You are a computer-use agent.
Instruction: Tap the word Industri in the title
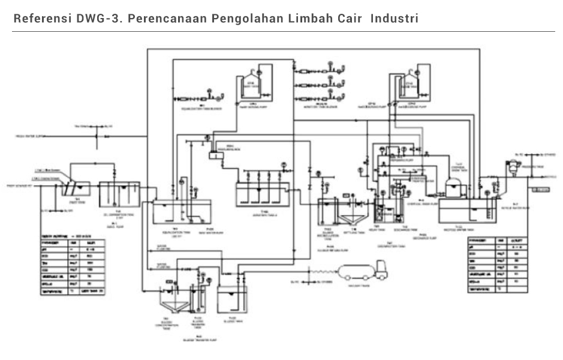[394, 18]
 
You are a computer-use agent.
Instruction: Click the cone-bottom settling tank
[350, 211]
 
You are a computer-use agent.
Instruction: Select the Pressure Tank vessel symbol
[512, 166]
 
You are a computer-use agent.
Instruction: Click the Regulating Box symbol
[214, 156]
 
